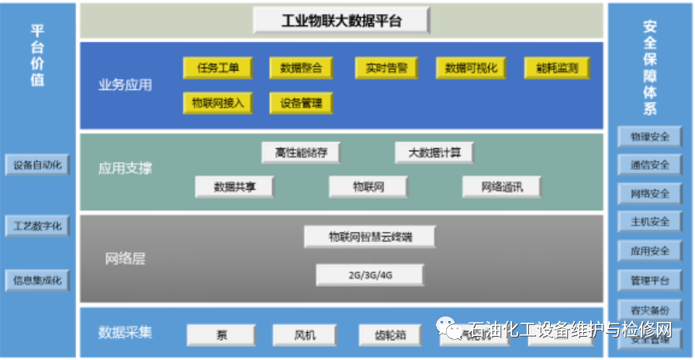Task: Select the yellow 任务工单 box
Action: click(x=217, y=68)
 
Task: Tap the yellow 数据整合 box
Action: click(x=301, y=68)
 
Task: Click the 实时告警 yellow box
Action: click(x=386, y=68)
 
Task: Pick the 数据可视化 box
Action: click(x=471, y=68)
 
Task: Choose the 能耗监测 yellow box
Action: click(x=556, y=68)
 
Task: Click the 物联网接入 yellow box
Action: click(x=217, y=102)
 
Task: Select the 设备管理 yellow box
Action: click(x=301, y=102)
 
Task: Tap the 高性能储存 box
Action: click(x=300, y=152)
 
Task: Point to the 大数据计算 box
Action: click(x=434, y=152)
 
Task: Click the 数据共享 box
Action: click(x=234, y=186)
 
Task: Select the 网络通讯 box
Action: click(x=501, y=186)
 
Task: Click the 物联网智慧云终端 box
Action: click(x=369, y=237)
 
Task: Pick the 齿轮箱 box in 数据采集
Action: click(x=392, y=335)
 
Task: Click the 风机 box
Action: click(x=305, y=335)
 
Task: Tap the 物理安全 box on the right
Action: click(x=650, y=137)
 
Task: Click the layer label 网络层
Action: click(x=125, y=259)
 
